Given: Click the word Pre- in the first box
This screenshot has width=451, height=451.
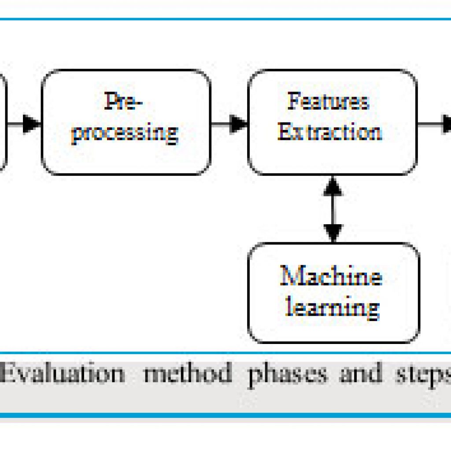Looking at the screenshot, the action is (x=123, y=101).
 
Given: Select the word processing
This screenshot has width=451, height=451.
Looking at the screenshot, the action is (x=125, y=133).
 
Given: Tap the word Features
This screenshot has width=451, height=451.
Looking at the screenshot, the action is (x=328, y=101).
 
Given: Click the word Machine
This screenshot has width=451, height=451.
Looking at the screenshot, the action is (x=331, y=276).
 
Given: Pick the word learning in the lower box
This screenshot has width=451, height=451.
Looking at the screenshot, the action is (x=333, y=308).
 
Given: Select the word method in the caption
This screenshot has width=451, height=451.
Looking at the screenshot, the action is (x=188, y=373).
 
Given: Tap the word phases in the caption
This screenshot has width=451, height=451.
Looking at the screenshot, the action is (x=288, y=375).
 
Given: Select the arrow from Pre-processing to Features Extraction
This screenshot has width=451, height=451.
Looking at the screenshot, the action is (x=229, y=124).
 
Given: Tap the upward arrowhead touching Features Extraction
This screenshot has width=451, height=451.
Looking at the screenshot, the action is (x=333, y=186).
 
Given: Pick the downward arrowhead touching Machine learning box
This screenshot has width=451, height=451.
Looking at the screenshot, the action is (x=333, y=233).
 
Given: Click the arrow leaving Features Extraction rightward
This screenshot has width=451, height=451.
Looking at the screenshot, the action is (x=434, y=124).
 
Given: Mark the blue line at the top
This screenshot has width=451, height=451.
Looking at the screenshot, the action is (x=225, y=19).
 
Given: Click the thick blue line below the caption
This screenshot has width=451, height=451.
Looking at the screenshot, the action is (x=225, y=415).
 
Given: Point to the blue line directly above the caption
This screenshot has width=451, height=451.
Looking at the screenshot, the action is (x=225, y=353).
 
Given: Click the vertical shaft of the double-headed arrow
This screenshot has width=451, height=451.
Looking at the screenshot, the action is (x=333, y=210).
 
